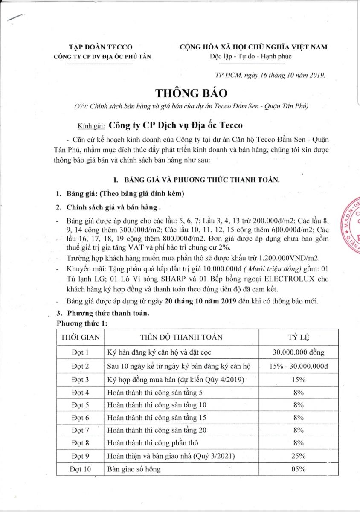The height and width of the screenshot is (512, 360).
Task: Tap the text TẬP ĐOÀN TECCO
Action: coord(101,47)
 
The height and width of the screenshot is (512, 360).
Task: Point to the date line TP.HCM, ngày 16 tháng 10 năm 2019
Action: coord(271,75)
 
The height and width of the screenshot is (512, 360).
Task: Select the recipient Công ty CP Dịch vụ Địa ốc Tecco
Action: coord(176,125)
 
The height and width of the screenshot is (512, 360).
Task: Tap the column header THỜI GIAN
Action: coord(80,337)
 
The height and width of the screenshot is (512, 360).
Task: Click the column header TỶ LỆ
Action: coord(299,337)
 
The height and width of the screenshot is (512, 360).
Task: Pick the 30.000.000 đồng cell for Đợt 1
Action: coord(299,352)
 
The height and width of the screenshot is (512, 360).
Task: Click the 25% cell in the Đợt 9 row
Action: coord(299,456)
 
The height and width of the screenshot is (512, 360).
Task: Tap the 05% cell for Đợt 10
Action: coord(299,469)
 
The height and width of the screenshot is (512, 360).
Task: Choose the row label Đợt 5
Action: coord(80,404)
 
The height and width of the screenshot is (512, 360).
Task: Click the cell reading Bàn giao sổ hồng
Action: coord(134,469)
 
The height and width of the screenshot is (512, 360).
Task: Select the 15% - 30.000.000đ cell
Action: coord(299,366)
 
